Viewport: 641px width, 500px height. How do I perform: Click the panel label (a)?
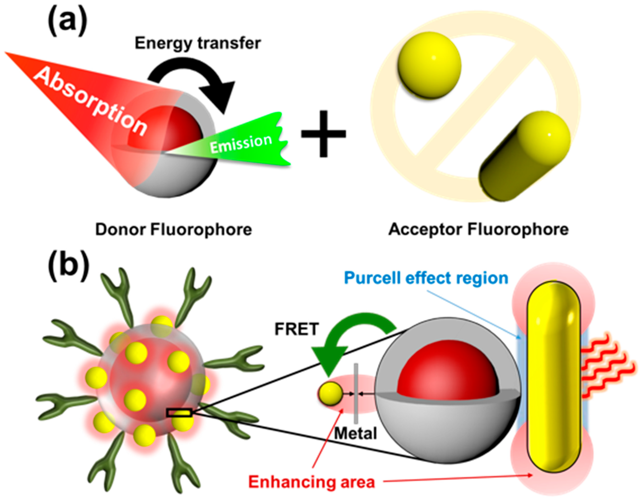click(x=67, y=21)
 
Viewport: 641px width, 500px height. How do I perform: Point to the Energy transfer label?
click(x=197, y=43)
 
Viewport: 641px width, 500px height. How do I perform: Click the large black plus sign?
click(x=323, y=133)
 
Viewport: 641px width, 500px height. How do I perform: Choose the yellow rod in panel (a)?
click(x=524, y=156)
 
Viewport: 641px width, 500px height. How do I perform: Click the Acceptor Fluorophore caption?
click(x=478, y=230)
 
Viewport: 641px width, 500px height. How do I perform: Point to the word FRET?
click(x=296, y=329)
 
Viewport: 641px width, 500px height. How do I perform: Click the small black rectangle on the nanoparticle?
click(x=179, y=413)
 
